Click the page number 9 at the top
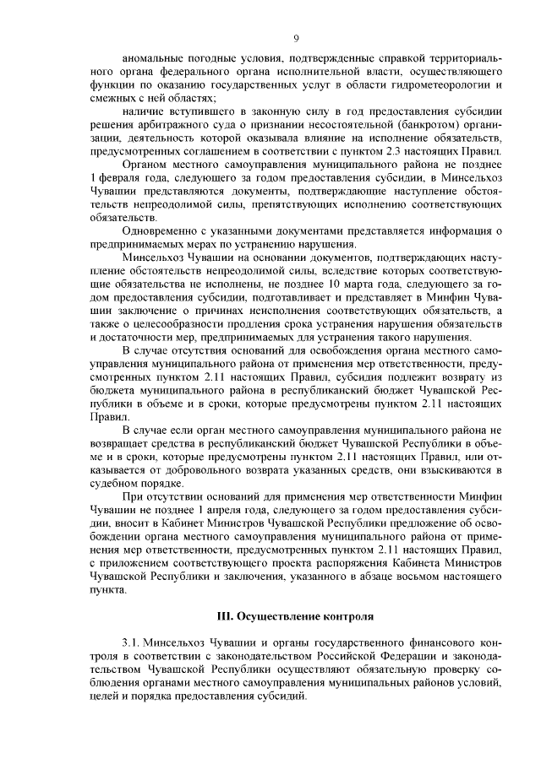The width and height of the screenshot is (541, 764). (296, 37)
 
